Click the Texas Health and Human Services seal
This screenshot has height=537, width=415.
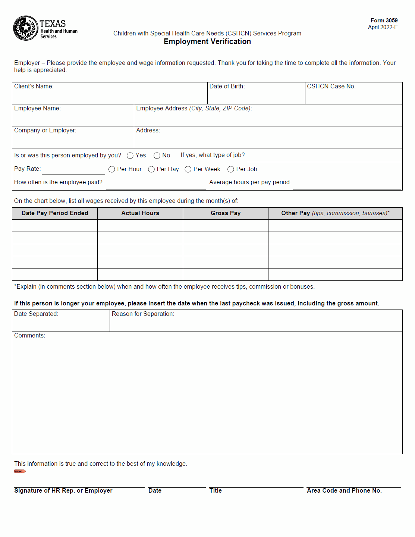coord(25,28)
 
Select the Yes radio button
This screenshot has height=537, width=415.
coord(130,156)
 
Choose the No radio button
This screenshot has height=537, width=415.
coord(157,156)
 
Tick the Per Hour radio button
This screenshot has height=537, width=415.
coord(112,169)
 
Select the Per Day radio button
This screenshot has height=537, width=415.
coord(151,169)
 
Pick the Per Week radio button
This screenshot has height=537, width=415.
coord(188,169)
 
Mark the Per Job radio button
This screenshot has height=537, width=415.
coord(231,169)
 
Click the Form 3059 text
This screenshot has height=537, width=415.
coord(384,21)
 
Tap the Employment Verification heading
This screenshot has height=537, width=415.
coord(207,41)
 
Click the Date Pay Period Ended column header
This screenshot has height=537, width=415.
coord(55,213)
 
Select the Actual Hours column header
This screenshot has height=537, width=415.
coord(140,213)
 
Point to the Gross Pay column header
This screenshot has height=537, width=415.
coord(226,213)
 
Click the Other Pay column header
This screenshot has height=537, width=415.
coord(335,213)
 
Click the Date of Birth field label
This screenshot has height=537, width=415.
coord(227,87)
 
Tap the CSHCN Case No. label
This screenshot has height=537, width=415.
coord(331,87)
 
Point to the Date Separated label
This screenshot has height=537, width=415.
coord(36,314)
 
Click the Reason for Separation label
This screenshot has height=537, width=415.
coord(143,314)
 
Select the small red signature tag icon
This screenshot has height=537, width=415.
coord(20,471)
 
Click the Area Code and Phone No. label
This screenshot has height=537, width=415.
coord(344,491)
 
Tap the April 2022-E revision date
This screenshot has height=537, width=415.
coord(383,27)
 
